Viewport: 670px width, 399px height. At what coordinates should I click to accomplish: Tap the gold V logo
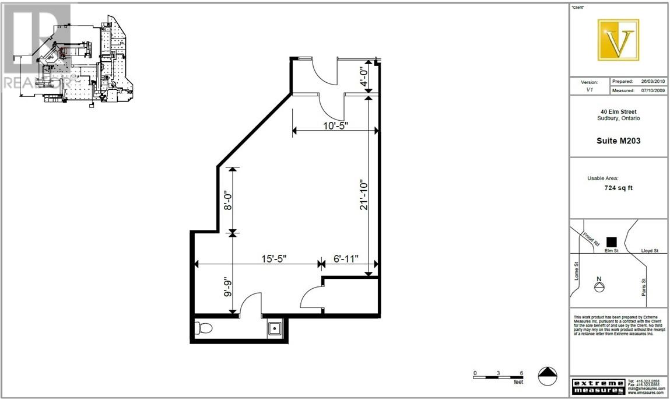pos(618,40)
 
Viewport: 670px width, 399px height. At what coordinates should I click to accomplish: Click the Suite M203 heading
pos(619,140)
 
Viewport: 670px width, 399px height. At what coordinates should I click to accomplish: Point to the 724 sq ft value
pos(618,188)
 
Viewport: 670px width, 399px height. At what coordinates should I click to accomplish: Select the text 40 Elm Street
pos(619,111)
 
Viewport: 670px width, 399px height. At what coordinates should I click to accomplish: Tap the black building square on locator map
pos(611,241)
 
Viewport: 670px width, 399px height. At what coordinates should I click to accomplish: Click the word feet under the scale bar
pos(518,382)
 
